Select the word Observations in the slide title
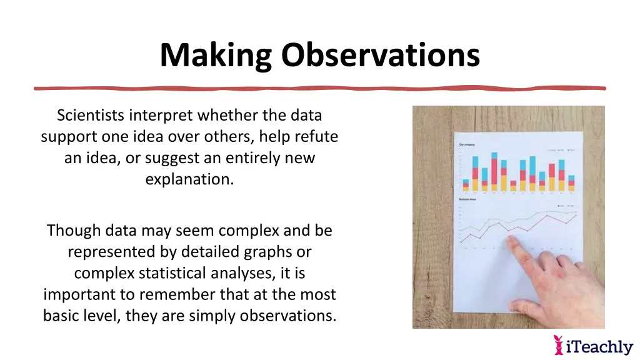tap(380, 55)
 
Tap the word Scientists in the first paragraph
tap(91, 115)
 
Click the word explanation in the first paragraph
tap(189, 179)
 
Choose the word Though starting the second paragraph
tap(74, 230)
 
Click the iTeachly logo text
tap(599, 346)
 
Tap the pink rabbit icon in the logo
tap(558, 344)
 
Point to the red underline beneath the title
tap(319, 88)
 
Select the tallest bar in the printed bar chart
tap(494, 172)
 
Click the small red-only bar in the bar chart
tap(513, 185)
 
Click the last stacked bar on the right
tap(571, 182)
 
